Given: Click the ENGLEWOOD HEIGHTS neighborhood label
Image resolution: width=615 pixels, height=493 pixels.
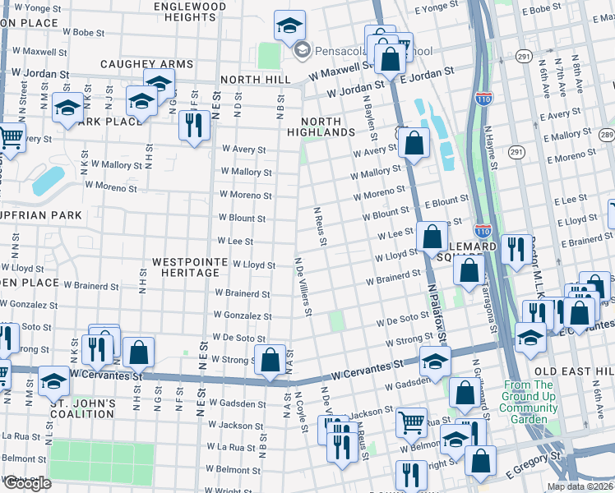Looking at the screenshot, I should click(189, 12).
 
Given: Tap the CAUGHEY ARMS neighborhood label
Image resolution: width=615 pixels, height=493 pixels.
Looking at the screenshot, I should click(146, 64).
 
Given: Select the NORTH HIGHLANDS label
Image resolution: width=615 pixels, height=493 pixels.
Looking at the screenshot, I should click(321, 126).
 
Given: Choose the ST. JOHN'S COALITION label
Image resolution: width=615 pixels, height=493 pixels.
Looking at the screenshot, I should click(81, 408).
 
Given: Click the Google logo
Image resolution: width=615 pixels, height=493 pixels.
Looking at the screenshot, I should click(26, 483).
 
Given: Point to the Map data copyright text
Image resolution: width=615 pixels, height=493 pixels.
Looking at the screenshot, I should click(580, 487).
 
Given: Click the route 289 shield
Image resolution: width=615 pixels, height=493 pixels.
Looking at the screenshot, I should click(606, 135).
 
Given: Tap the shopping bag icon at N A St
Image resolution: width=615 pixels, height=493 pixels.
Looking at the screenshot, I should click(271, 360).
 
